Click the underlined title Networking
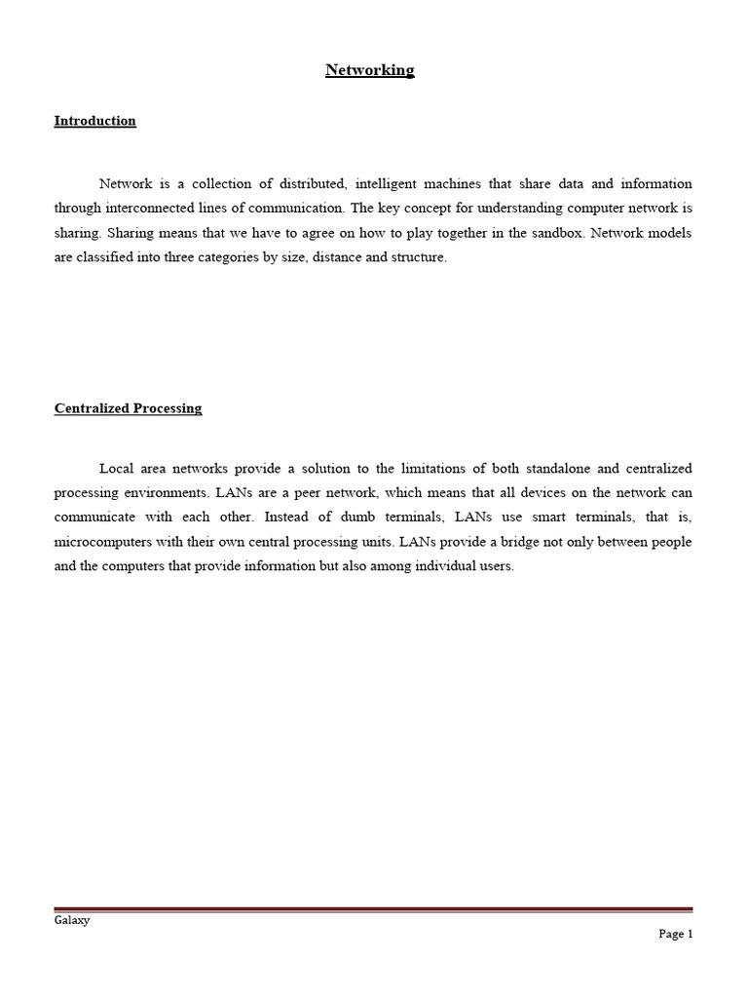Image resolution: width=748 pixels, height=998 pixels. click(369, 70)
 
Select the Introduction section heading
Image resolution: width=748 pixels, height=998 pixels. click(94, 121)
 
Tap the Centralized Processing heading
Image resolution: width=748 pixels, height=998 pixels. click(128, 408)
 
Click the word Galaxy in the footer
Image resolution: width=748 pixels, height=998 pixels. click(71, 921)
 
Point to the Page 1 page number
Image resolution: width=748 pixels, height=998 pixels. click(675, 934)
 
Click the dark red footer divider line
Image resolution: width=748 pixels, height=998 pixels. click(374, 910)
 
